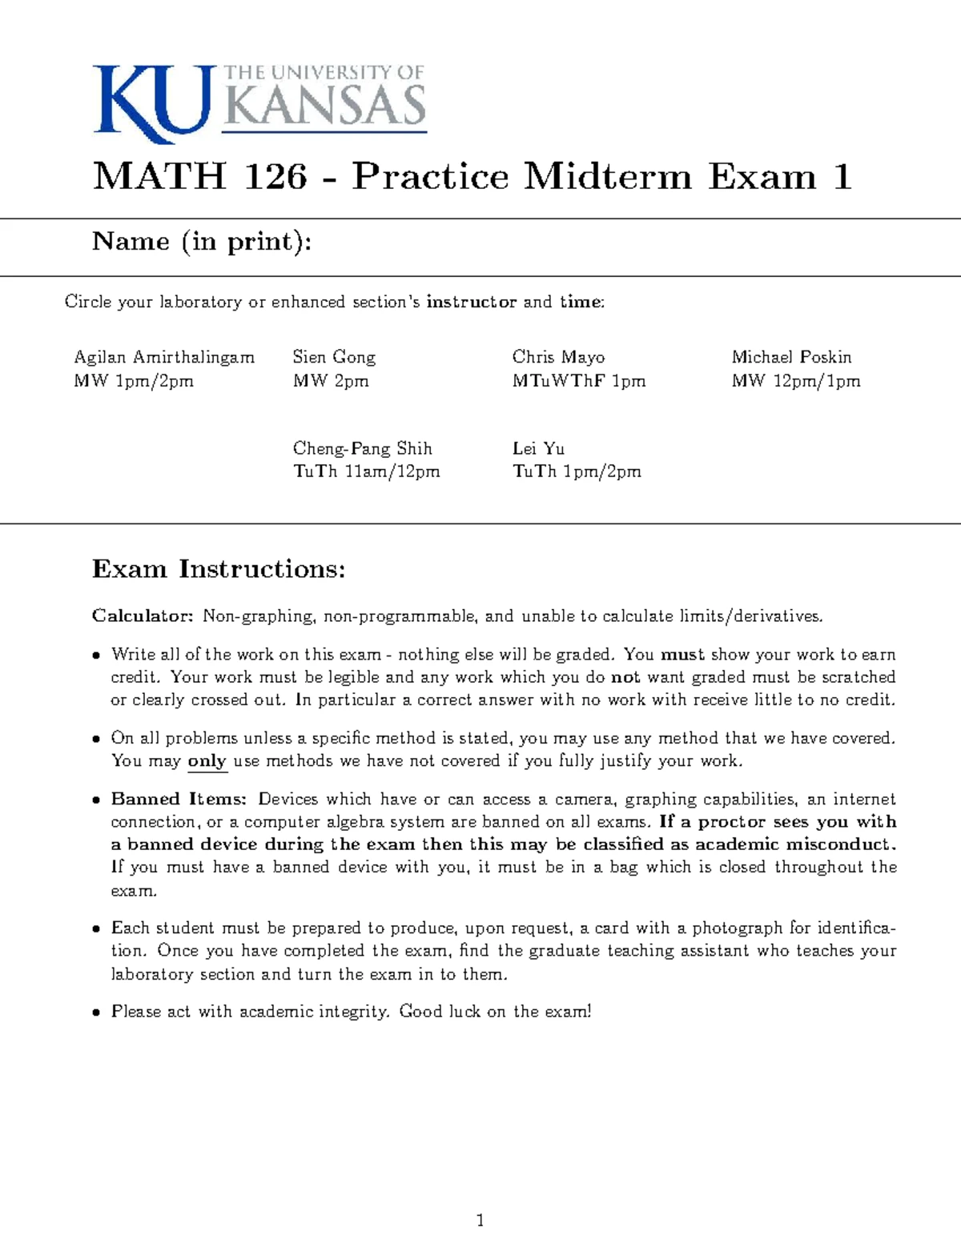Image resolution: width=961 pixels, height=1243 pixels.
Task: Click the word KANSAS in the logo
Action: [324, 106]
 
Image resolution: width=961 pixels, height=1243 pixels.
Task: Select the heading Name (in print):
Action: [202, 242]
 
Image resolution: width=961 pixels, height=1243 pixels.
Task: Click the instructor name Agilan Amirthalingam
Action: [164, 357]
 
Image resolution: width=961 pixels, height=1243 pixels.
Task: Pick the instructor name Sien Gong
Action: [334, 357]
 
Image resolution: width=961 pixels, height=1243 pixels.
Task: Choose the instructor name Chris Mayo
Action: [558, 357]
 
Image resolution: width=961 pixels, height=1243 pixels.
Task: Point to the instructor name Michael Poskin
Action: [791, 357]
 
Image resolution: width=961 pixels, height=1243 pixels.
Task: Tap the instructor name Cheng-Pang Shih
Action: [362, 448]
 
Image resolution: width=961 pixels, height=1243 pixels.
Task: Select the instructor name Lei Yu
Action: [538, 448]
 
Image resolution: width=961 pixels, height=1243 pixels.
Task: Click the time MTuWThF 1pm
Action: [578, 381]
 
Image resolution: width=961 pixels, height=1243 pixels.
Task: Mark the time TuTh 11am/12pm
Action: [366, 471]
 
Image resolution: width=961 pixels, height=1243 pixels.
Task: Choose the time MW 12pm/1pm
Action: [796, 381]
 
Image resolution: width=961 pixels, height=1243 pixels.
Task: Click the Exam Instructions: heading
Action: [219, 569]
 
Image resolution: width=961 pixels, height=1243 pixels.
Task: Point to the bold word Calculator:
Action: [143, 615]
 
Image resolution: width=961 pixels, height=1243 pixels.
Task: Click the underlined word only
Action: [207, 760]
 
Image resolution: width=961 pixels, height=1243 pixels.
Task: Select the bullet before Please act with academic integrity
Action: [96, 1012]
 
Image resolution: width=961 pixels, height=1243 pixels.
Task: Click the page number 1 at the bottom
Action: [480, 1220]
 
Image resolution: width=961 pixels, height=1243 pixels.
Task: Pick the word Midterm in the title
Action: [609, 176]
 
